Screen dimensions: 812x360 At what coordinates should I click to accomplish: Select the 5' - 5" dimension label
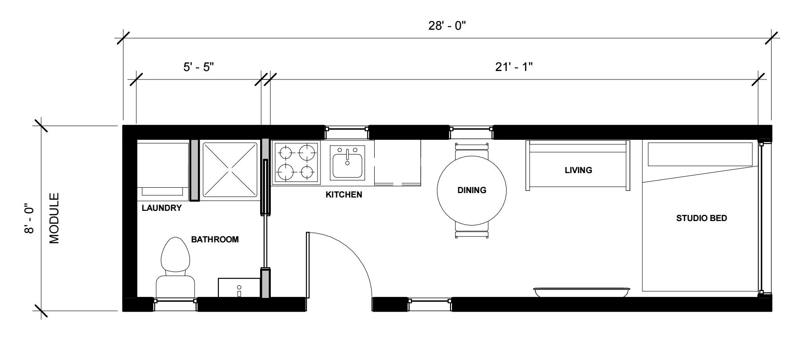pos(199,67)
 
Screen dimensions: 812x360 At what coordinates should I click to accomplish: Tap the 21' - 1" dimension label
pos(514,67)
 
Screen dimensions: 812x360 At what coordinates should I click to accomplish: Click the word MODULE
pos(54,218)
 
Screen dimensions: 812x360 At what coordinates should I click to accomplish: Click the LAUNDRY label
pos(162,208)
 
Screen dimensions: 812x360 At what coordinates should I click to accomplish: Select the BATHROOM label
pos(215,239)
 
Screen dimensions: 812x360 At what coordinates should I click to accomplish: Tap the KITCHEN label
pos(344,194)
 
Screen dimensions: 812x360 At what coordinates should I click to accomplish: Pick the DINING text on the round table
pos(472,190)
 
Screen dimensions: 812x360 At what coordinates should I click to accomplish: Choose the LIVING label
pos(578,170)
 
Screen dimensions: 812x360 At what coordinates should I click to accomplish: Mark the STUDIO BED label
pos(701,218)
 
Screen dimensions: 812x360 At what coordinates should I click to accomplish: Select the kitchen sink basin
pos(347,162)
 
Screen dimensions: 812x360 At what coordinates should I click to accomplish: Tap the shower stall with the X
pos(230,170)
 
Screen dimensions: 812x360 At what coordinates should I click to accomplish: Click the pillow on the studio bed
pos(701,154)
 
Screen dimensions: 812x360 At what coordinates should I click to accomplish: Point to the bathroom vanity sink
pos(239,288)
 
